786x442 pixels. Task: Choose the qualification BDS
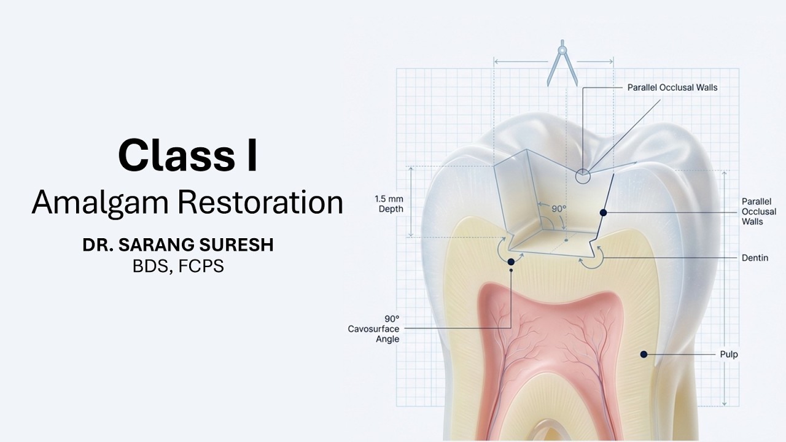pos(152,266)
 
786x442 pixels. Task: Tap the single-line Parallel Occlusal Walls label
pos(672,88)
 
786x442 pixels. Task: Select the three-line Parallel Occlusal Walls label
pos(758,211)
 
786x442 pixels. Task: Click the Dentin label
pos(754,258)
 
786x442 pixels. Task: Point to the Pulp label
pos(729,354)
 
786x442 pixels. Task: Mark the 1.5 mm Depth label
pos(389,204)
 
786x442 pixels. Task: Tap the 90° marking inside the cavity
pos(558,209)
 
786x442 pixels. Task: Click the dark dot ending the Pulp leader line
pos(644,354)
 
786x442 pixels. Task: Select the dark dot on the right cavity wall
pos(604,212)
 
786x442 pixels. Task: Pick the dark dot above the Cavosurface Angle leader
pos(511,262)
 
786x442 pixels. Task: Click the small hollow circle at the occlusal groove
pos(582,177)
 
